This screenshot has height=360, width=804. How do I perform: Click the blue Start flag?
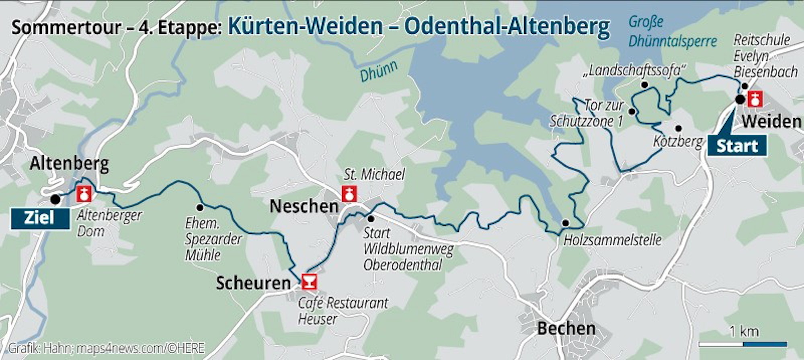[737, 145]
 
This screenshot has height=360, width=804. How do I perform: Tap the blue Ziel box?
[40, 218]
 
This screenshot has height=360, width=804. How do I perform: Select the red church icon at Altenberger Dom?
[84, 194]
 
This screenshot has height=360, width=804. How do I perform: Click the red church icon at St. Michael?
[349, 193]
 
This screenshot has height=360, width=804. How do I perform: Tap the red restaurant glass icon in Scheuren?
[309, 282]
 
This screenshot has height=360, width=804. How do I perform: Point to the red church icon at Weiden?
[755, 99]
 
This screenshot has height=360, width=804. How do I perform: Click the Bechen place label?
[566, 329]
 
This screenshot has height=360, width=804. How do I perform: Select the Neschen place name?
[304, 206]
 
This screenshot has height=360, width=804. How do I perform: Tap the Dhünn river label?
[378, 71]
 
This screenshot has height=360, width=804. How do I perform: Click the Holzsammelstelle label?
[612, 240]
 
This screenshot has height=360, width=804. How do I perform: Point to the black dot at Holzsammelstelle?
[565, 223]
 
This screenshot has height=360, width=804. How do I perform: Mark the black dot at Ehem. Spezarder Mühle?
[200, 207]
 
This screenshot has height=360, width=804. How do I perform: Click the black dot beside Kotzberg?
[678, 128]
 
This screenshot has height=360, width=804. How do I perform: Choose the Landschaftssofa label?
[634, 71]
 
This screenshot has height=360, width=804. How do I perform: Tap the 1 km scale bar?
[742, 344]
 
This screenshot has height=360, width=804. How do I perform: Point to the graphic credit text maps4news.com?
[140, 348]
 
